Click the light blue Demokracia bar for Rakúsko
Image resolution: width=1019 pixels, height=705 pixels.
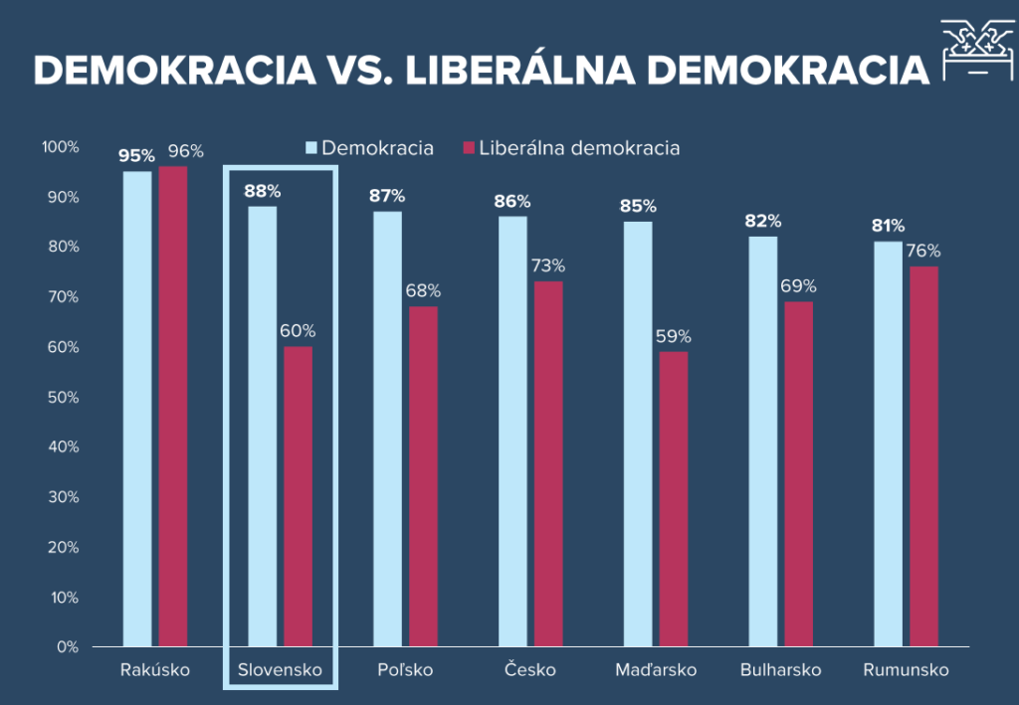pyautogui.click(x=137, y=409)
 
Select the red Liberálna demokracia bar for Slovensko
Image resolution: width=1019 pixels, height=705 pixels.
pyautogui.click(x=299, y=496)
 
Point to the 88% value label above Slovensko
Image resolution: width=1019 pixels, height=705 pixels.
pyautogui.click(x=263, y=191)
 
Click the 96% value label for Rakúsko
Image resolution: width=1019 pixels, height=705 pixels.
pyautogui.click(x=185, y=151)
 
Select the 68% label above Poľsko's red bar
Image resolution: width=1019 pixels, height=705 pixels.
pyautogui.click(x=423, y=291)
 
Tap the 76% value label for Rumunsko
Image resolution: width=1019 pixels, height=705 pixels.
pyautogui.click(x=923, y=251)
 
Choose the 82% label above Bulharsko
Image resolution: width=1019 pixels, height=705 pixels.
pyautogui.click(x=763, y=221)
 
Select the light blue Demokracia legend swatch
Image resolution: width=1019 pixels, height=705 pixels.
pyautogui.click(x=310, y=148)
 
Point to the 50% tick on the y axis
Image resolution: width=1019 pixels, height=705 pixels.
pyautogui.click(x=62, y=397)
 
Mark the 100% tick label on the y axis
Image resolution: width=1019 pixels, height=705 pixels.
pyautogui.click(x=59, y=147)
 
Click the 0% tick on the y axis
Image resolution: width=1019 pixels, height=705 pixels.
pyautogui.click(x=66, y=646)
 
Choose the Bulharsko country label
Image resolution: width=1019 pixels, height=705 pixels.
pyautogui.click(x=780, y=669)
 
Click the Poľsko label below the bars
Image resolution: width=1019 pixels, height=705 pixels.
pyautogui.click(x=405, y=669)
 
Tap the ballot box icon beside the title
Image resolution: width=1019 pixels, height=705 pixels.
pyautogui.click(x=976, y=52)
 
